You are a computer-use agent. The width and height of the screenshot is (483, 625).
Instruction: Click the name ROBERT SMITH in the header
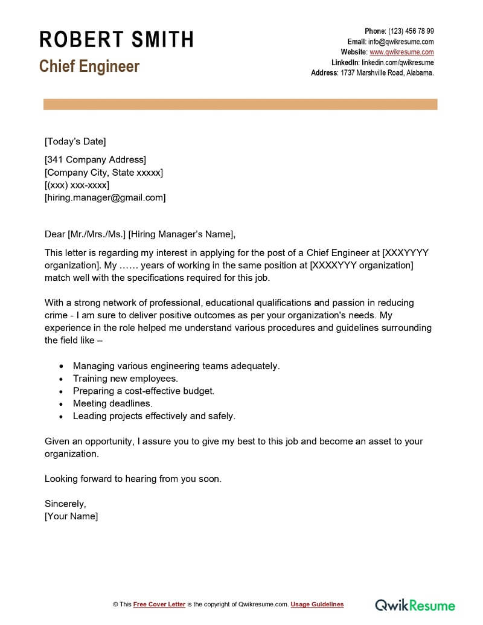tap(117, 40)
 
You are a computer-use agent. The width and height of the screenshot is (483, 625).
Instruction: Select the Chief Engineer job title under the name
tap(89, 66)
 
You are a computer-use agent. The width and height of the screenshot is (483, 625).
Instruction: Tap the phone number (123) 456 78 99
tap(411, 31)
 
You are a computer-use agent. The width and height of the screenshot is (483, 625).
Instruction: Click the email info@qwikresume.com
tap(401, 42)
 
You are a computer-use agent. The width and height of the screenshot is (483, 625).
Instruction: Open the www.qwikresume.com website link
tap(401, 52)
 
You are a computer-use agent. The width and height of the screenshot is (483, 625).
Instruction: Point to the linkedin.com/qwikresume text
tap(397, 62)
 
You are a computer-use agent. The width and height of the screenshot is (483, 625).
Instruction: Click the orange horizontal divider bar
tap(240, 104)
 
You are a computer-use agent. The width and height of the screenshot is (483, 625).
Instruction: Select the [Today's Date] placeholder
tap(75, 141)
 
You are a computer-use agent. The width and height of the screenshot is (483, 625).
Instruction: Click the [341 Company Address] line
tap(95, 160)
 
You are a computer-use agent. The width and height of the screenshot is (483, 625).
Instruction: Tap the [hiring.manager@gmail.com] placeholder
tap(105, 197)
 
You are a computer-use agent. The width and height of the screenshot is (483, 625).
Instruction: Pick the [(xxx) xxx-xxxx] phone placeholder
tap(77, 185)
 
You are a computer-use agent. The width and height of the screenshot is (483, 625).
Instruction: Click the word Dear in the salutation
tap(55, 234)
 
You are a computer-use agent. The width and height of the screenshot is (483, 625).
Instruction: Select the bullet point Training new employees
tap(126, 379)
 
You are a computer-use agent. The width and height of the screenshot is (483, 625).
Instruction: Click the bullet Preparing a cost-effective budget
tap(144, 391)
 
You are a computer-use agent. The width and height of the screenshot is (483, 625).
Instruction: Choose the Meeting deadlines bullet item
tap(113, 403)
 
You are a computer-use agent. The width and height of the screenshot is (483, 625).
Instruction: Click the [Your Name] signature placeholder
tap(71, 516)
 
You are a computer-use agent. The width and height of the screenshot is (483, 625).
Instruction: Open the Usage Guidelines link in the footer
tap(317, 604)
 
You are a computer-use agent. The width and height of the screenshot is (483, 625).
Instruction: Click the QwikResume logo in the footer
tap(415, 604)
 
